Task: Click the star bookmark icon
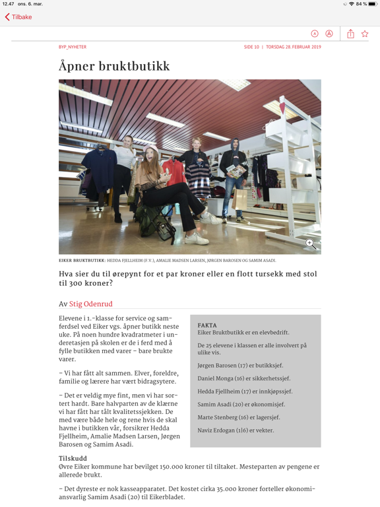pos(365,34)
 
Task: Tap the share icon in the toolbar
pos(350,34)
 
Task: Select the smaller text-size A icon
pos(315,34)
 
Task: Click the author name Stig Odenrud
pos(91,304)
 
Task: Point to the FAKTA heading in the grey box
pos(207,325)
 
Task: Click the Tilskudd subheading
pos(73,458)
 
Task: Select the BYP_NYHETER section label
pos(73,47)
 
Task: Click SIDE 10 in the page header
pos(251,47)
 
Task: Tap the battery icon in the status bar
pos(371,4)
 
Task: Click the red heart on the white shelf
pos(282,106)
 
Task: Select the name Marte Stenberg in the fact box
pos(219,417)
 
